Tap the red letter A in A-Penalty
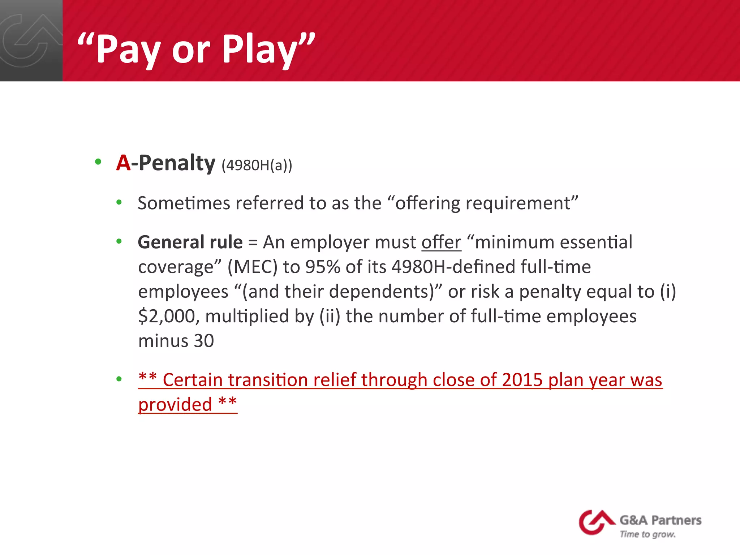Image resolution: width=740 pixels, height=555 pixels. coord(123,163)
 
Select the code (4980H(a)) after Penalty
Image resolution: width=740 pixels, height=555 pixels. coord(257,165)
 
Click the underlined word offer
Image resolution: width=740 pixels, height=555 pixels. coord(441,242)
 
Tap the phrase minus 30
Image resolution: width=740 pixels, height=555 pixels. coord(176,341)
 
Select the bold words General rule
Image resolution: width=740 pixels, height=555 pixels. coord(190,242)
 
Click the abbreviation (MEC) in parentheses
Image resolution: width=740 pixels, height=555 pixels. coord(252,267)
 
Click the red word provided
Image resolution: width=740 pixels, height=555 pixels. coord(175,404)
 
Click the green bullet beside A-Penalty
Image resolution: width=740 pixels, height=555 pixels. coord(98,162)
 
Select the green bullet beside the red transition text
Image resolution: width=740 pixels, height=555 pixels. coord(119,379)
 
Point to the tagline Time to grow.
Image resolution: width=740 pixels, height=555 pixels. coord(647,534)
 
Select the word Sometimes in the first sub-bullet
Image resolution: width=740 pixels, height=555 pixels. coord(184,203)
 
